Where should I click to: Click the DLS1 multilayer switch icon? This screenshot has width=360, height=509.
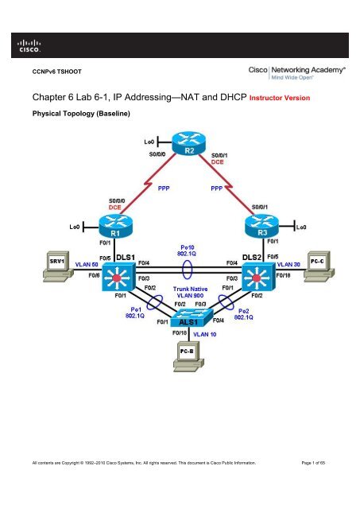click(x=124, y=278)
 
